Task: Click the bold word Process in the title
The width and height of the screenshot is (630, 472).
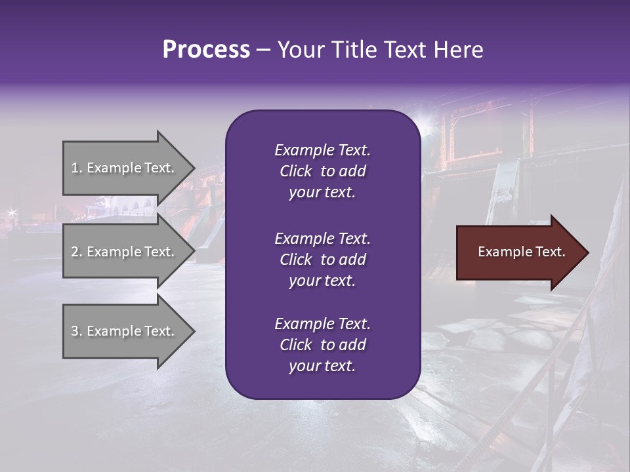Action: point(206,50)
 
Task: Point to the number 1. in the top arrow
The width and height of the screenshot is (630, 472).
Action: point(77,168)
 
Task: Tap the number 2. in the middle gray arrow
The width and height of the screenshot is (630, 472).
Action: point(77,252)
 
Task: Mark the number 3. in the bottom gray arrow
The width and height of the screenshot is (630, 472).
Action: point(77,331)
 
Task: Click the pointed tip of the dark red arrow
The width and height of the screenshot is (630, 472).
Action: point(585,252)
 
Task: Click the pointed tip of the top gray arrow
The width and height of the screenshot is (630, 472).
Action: point(192,168)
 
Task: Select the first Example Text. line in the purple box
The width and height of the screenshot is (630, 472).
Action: point(322,150)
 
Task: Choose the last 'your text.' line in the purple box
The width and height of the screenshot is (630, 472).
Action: point(322,366)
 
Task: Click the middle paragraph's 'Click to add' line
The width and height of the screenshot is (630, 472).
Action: point(322,260)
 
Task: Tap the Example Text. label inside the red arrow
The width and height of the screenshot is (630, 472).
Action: point(522,252)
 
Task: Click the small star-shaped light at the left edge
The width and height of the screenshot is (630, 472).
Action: point(11,212)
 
